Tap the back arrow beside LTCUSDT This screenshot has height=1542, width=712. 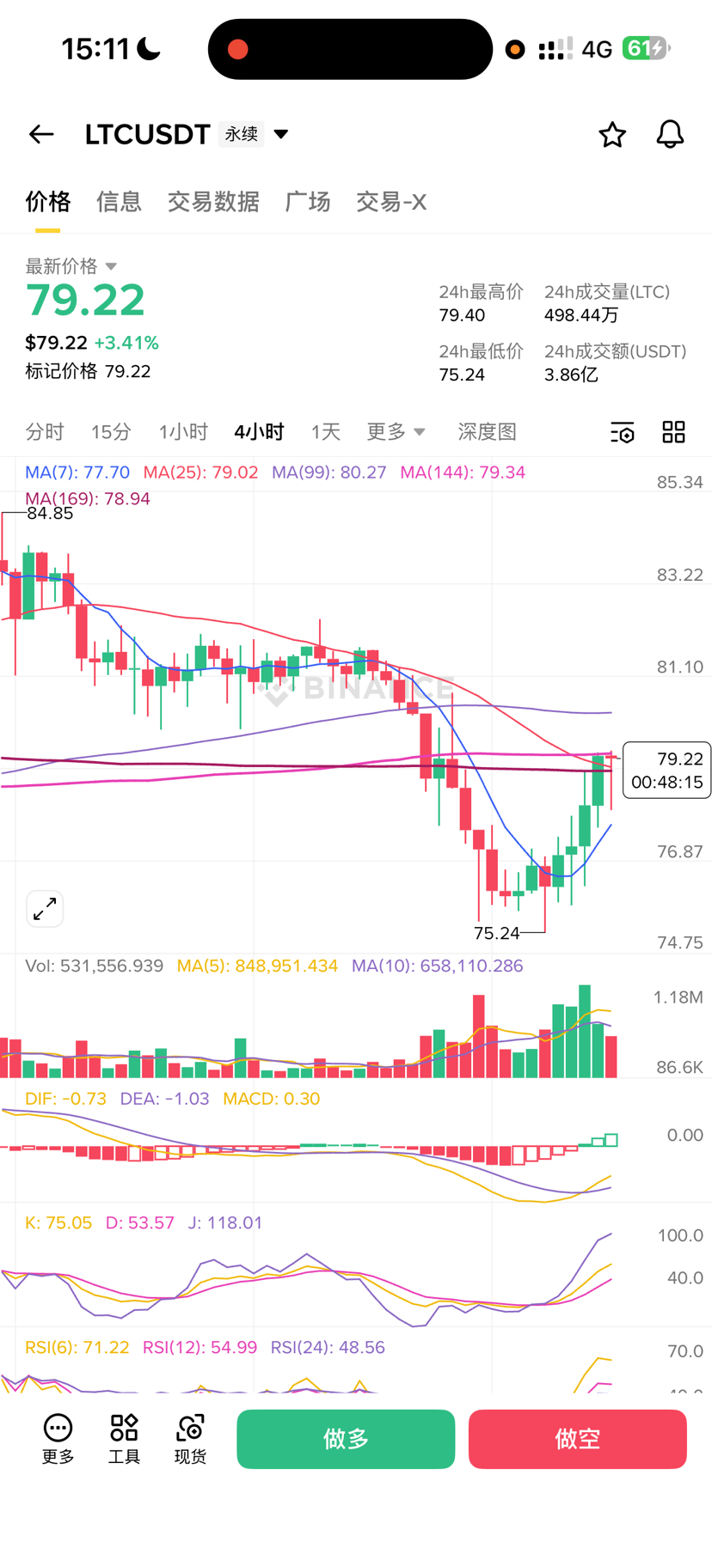[x=41, y=134]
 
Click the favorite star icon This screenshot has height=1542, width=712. [x=612, y=135]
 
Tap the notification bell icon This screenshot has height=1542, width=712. [x=670, y=135]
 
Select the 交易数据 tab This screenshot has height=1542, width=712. [x=213, y=202]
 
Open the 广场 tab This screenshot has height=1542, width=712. [x=308, y=202]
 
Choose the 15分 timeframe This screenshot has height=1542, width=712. [x=111, y=431]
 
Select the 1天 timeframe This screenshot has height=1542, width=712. [x=326, y=431]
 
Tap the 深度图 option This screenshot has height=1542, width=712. [x=487, y=431]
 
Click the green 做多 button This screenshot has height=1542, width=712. [x=346, y=1439]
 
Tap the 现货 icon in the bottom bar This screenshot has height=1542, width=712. [x=190, y=1438]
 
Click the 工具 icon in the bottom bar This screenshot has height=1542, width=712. [x=124, y=1438]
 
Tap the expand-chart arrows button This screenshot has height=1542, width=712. [x=45, y=909]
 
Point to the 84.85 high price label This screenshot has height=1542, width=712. [x=50, y=514]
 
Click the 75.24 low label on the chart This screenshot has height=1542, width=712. [x=497, y=933]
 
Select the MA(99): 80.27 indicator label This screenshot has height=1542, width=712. [x=328, y=472]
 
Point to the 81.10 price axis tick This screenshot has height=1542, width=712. [x=679, y=667]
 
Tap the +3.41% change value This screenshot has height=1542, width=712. [x=126, y=343]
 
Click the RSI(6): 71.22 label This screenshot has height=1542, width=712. [x=77, y=1347]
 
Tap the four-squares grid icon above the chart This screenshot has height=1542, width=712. [x=673, y=432]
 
